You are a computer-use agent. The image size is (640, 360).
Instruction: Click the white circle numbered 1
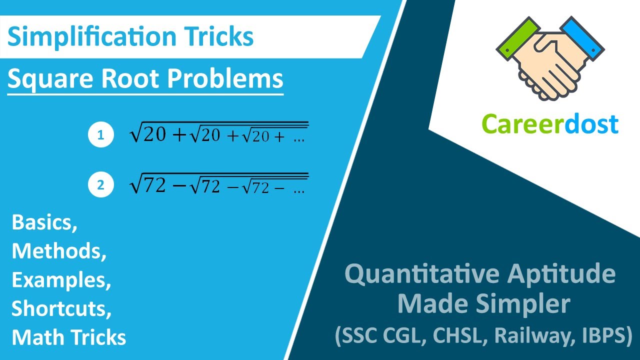point(101,135)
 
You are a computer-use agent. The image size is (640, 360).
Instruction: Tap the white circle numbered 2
point(101,184)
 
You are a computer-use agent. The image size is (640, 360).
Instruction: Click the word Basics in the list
point(44,223)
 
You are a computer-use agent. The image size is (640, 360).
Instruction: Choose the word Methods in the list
point(59,251)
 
